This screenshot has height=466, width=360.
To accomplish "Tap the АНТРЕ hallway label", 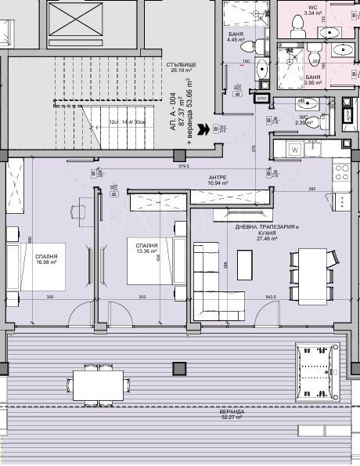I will pos(218,179).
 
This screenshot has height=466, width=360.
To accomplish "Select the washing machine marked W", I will pos(295,149).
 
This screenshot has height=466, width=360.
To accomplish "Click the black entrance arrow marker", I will pos(204,128).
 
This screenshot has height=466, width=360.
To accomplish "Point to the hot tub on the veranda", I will pos(320,373).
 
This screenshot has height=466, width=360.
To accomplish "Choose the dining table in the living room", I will pos(311,269).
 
